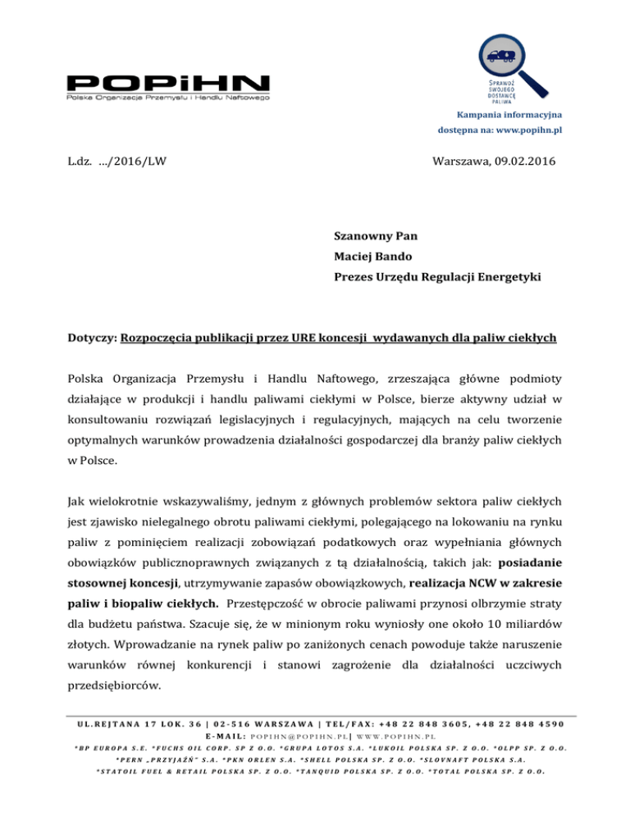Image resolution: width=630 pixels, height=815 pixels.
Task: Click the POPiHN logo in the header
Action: coord(168,87)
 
